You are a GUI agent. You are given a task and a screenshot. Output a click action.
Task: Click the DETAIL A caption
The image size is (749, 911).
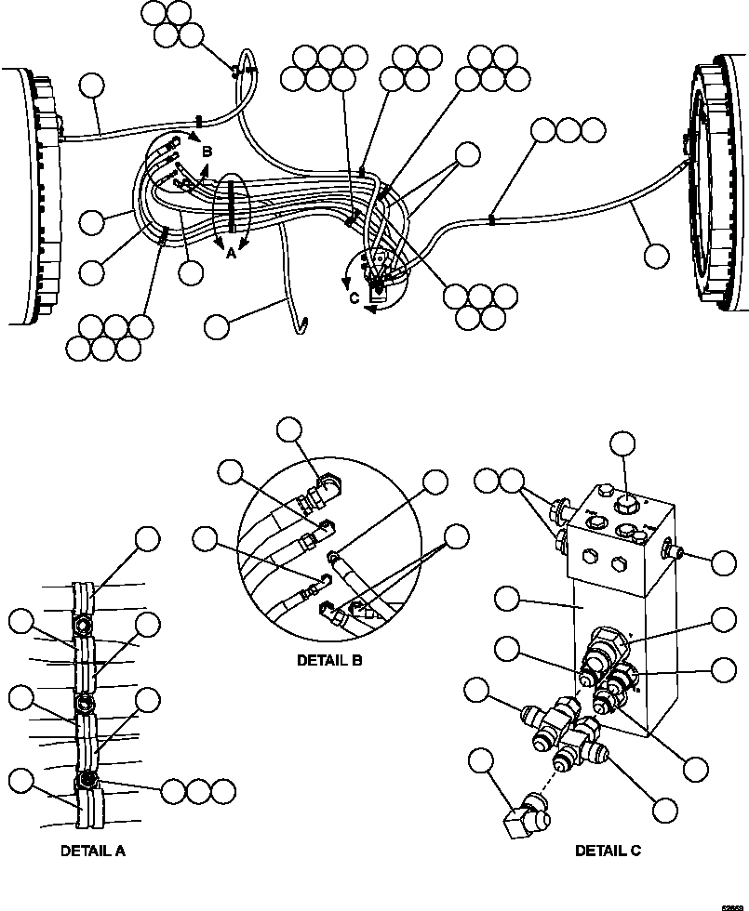point(93,850)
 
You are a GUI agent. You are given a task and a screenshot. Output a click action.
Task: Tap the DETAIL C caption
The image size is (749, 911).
point(608,850)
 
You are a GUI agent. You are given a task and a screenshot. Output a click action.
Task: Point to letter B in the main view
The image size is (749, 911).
point(207,151)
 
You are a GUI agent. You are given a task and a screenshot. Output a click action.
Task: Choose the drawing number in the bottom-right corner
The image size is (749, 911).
point(734,903)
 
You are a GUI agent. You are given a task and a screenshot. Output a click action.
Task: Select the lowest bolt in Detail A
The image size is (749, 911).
point(87,779)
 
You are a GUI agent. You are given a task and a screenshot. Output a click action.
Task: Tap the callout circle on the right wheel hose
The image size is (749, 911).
point(657,255)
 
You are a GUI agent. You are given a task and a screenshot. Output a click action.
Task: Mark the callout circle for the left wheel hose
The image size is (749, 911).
point(91,86)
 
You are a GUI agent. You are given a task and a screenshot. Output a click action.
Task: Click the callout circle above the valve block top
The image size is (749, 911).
point(622,444)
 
